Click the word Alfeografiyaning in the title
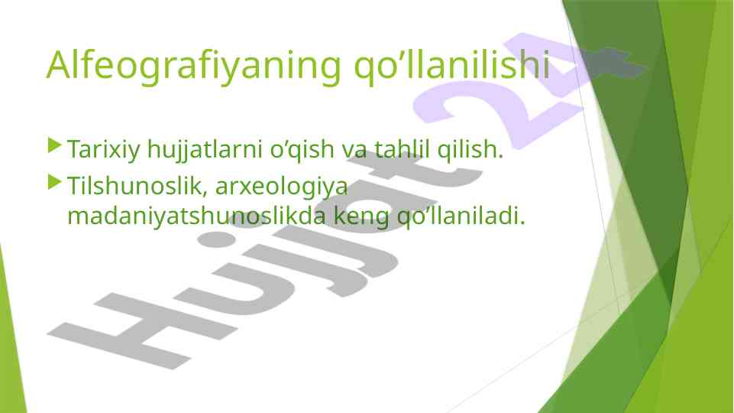point(194,67)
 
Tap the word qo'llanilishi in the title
point(451,67)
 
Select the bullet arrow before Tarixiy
point(55,145)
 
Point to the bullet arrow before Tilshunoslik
point(55,182)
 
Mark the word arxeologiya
point(282,187)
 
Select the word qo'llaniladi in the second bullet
point(458,216)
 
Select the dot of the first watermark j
point(216,239)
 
